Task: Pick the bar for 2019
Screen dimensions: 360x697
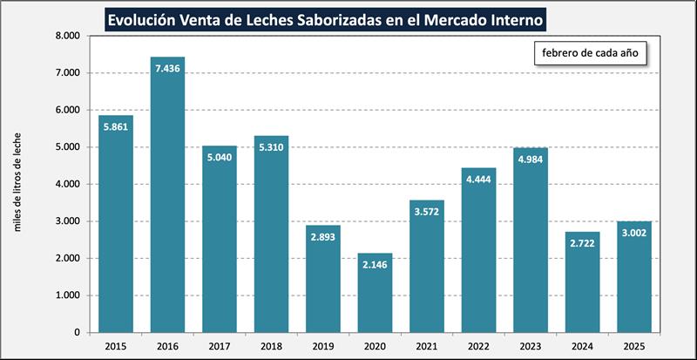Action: (322, 280)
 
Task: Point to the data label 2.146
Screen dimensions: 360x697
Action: (375, 264)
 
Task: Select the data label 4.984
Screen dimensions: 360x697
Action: (530, 160)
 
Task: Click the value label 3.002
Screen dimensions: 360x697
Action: (633, 233)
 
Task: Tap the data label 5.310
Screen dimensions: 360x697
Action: (271, 147)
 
